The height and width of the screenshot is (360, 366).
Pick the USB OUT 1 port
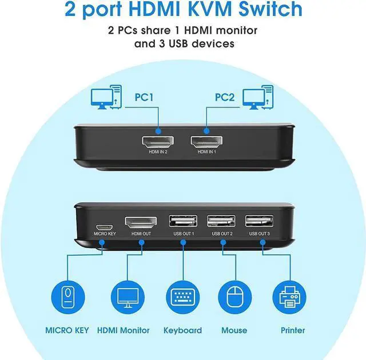[183, 222]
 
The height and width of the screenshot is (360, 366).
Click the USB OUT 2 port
[221, 222]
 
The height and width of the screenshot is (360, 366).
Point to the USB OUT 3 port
[259, 222]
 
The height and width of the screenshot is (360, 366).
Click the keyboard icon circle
[183, 297]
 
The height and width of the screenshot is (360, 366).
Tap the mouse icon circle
[234, 297]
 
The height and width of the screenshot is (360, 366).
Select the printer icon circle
[292, 297]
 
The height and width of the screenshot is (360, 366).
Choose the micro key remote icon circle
[68, 297]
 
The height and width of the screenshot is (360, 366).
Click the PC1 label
[144, 98]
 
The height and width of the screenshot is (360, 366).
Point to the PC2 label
[224, 98]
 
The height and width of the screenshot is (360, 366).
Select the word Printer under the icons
[292, 330]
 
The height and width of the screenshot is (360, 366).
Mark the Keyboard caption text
[182, 330]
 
